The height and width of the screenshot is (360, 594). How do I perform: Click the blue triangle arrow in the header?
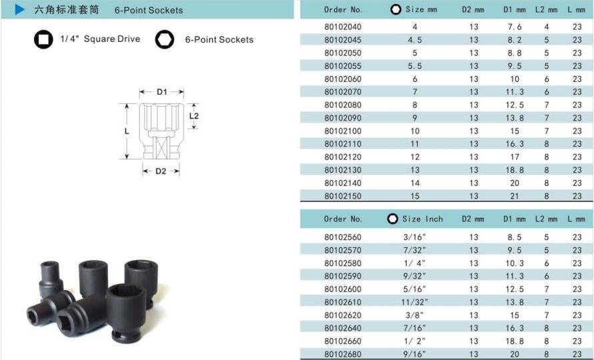20,9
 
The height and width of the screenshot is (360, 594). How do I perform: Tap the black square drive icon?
43,39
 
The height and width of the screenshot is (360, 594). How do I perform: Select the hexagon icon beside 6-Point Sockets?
165,39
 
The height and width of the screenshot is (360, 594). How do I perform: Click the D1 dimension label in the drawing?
162,92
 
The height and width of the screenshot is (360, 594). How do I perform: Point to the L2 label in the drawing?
194,115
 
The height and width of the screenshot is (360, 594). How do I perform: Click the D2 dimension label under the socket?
161,171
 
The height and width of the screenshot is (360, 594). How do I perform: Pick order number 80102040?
343,27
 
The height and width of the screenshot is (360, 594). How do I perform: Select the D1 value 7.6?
515,27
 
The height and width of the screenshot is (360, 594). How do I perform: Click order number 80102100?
343,131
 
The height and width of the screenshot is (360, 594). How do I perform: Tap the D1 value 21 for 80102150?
515,196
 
